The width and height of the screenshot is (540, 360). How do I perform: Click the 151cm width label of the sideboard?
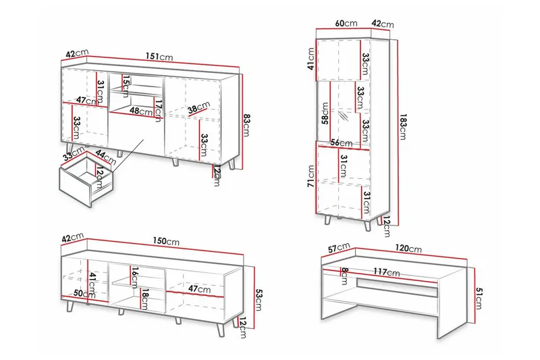tap(160, 57)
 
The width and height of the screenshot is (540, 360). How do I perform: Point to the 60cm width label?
tap(346, 24)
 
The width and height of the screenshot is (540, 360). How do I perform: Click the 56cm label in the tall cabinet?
tap(342, 143)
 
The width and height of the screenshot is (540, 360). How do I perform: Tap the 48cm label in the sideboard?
tap(140, 111)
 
